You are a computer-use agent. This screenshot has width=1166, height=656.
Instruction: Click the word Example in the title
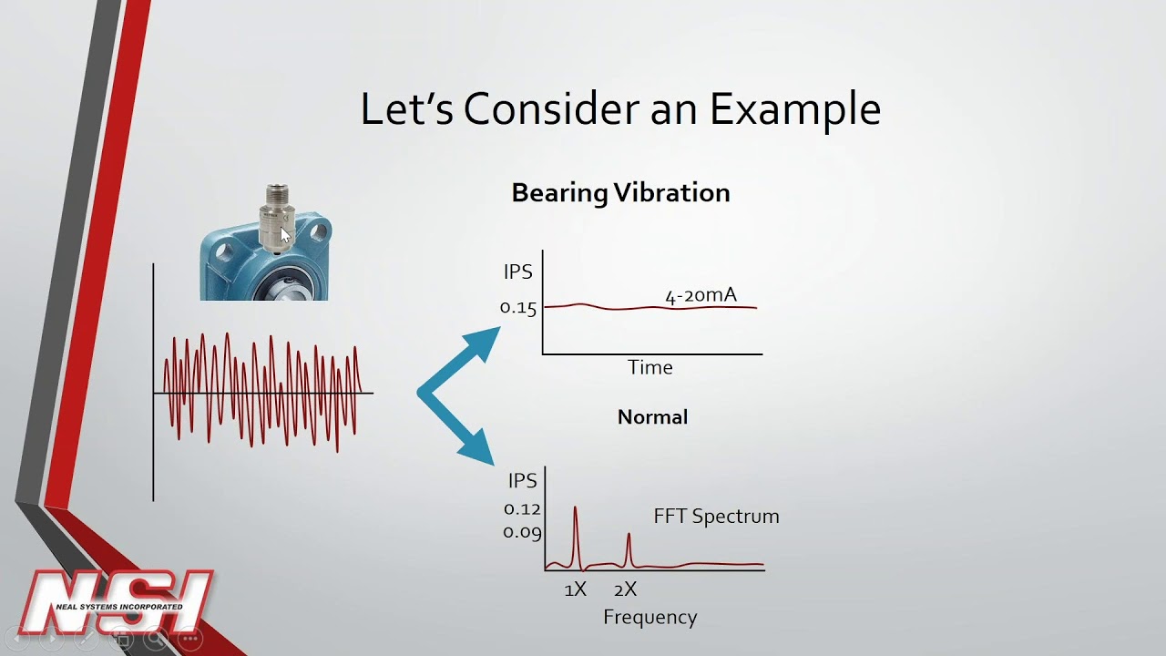794,109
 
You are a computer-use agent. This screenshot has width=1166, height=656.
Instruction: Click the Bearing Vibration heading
620,193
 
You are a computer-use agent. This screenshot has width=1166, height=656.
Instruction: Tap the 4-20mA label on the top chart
701,295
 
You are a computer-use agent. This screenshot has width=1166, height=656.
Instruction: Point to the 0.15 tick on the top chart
518,307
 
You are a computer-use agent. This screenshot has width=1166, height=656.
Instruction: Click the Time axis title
650,367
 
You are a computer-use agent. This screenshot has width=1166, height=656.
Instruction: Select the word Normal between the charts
652,417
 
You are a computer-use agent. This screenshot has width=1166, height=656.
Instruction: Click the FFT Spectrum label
716,516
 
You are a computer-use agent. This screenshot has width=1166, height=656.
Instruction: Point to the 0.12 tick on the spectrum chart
522,509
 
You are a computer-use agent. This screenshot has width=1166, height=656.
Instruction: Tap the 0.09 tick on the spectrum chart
522,532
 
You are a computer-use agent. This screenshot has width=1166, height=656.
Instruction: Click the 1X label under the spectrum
575,589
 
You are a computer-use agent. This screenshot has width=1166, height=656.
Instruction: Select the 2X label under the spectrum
625,589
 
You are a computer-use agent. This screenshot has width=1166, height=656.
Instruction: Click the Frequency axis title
649,617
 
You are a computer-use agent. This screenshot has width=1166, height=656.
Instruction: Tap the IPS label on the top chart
517,272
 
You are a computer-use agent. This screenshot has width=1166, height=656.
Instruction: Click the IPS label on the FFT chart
522,481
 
